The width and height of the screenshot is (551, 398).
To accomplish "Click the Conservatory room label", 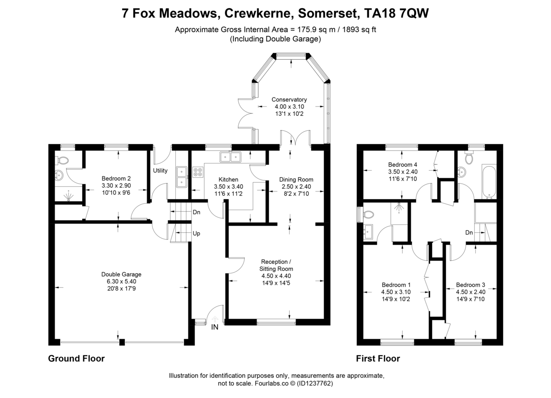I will pyautogui.click(x=289, y=100).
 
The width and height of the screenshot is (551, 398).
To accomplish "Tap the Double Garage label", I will pyautogui.click(x=121, y=275).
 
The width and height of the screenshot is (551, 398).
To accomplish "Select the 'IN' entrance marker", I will pyautogui.click(x=214, y=327).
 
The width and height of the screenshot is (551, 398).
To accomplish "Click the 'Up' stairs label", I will pyautogui.click(x=197, y=233).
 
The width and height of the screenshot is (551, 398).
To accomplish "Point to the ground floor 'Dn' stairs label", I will pyautogui.click(x=197, y=212).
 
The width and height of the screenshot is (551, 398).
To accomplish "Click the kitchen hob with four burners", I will pyautogui.click(x=198, y=173).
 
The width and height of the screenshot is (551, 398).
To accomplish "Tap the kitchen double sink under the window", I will pyautogui.click(x=231, y=157).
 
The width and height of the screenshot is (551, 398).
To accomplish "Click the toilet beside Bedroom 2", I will pyautogui.click(x=62, y=160).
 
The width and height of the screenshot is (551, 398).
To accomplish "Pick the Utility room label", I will pyautogui.click(x=160, y=171).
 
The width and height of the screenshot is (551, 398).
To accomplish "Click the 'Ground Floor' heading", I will pyautogui.click(x=76, y=359).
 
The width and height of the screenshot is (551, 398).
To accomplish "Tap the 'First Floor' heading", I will pyautogui.click(x=378, y=359).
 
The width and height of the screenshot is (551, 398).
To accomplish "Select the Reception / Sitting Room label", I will pyautogui.click(x=276, y=265).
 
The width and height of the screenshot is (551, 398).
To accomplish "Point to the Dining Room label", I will pyautogui.click(x=296, y=179).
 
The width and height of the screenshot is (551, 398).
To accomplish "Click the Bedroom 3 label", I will pyautogui.click(x=471, y=285).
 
